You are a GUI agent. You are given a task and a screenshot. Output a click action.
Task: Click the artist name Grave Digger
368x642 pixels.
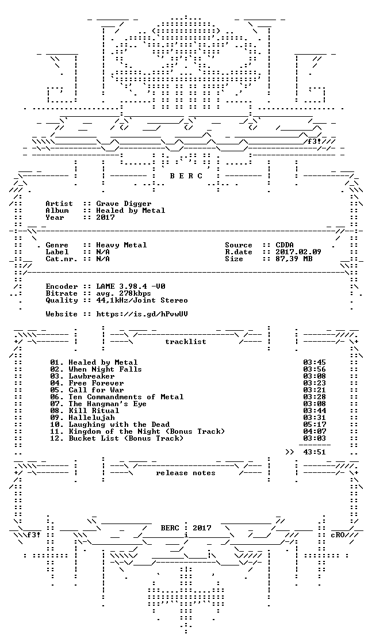[124, 204]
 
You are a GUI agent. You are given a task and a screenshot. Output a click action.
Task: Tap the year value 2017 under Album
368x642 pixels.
[105, 217]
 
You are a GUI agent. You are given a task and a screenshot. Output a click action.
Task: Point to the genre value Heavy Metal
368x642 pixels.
[121, 245]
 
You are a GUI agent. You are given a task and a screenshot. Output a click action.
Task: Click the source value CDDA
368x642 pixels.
[285, 245]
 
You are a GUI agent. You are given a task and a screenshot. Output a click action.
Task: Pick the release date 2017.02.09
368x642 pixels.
[298, 252]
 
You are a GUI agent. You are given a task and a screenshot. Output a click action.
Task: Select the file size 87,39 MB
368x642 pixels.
[294, 259]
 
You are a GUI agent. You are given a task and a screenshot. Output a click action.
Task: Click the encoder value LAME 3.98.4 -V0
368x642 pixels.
[131, 286]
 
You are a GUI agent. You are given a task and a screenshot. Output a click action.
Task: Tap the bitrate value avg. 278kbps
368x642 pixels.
[124, 293]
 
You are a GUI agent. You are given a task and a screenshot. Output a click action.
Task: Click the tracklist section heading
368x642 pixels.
[185, 342]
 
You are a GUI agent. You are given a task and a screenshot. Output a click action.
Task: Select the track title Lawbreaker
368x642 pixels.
[91, 376]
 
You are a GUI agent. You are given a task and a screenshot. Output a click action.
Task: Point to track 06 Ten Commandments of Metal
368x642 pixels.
[117, 397]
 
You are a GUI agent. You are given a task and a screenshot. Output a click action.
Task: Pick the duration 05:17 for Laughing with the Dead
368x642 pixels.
[315, 425]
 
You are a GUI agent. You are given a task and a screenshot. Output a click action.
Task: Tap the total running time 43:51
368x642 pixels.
[315, 452]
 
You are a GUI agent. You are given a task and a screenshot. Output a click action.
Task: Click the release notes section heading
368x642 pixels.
[185, 473]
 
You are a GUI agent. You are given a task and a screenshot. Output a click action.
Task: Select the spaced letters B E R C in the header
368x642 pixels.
[186, 176]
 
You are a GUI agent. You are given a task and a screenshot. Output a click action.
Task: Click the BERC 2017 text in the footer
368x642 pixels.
[186, 528]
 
